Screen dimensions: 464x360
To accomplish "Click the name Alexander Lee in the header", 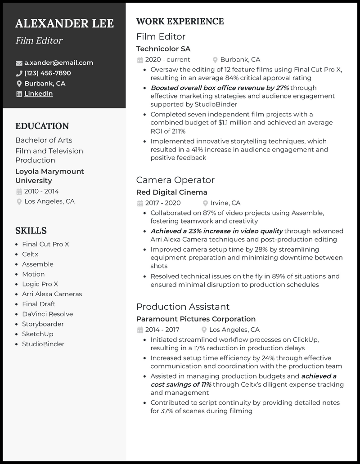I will click(x=64, y=23).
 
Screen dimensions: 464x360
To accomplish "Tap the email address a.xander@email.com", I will click(x=58, y=63).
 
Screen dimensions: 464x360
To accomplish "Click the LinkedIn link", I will click(x=38, y=94).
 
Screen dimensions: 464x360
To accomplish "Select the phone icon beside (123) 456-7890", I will click(x=19, y=73).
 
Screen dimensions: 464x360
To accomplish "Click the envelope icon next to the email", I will click(x=19, y=63).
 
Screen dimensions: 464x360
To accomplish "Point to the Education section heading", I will click(x=42, y=126).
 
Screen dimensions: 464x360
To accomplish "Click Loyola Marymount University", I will click(x=49, y=176).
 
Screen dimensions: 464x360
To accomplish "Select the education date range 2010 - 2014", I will click(x=41, y=191).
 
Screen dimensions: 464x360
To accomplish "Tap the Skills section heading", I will click(x=31, y=231).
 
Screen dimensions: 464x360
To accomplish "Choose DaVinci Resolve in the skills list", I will click(x=47, y=314).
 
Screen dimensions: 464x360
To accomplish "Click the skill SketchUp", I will click(x=37, y=334).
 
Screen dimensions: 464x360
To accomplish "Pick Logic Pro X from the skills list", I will click(x=40, y=284).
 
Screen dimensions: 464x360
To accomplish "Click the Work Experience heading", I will click(x=180, y=22).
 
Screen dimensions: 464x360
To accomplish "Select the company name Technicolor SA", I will click(x=163, y=49).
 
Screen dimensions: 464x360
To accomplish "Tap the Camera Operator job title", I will click(x=175, y=180).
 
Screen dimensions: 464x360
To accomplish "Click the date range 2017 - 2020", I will click(x=163, y=203).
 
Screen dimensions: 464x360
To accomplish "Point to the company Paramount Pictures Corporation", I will click(x=196, y=319).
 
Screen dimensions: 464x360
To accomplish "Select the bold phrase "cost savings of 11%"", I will click(x=181, y=384).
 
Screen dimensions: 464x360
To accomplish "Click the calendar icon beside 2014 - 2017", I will click(x=140, y=330).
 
